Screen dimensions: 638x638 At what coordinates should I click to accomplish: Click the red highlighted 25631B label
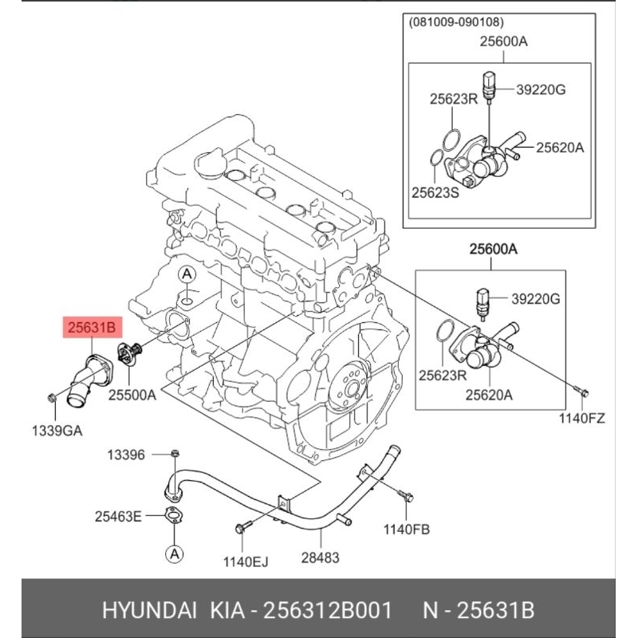(93, 326)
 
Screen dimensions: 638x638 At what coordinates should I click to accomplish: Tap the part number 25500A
(132, 394)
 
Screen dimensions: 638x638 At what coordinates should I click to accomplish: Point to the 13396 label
(127, 455)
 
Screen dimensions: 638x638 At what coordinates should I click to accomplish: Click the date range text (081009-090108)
(458, 22)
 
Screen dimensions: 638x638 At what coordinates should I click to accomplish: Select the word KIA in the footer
(228, 611)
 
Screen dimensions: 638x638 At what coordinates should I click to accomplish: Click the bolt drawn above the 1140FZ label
(581, 391)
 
